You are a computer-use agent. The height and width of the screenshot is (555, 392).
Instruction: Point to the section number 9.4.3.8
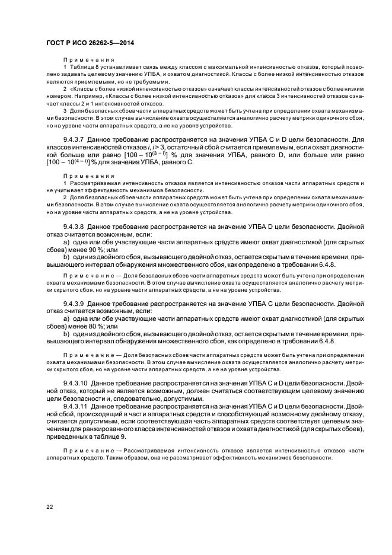pyautogui.click(x=74, y=227)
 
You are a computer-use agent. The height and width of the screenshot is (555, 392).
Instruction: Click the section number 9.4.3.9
pyautogui.click(x=74, y=303)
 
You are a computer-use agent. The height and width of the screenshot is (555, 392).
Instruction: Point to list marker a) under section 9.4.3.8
pyautogui.click(x=66, y=242)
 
